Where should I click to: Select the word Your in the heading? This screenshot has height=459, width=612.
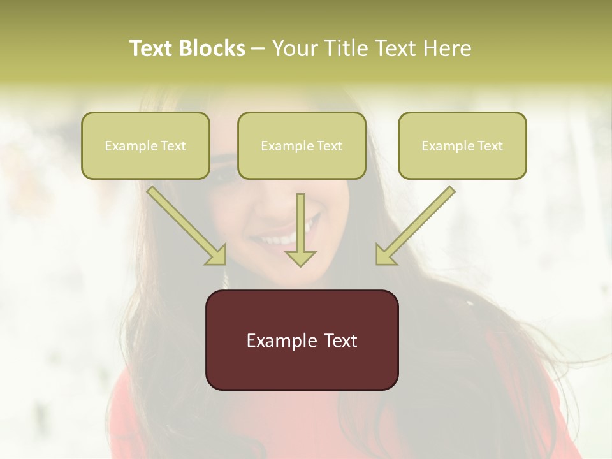point(294,48)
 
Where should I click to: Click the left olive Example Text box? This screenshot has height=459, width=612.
point(145,146)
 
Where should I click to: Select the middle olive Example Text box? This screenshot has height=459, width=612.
point(302,146)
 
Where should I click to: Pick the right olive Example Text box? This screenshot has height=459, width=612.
point(462,146)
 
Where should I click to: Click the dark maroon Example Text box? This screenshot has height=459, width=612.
point(302,340)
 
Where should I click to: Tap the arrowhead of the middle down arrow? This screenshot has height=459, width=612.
point(300,258)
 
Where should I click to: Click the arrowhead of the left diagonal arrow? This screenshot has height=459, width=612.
point(217,255)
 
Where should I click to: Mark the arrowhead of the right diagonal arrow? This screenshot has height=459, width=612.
point(385,255)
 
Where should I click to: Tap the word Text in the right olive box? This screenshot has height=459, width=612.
point(490,146)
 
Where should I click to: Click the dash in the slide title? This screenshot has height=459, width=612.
point(258,48)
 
